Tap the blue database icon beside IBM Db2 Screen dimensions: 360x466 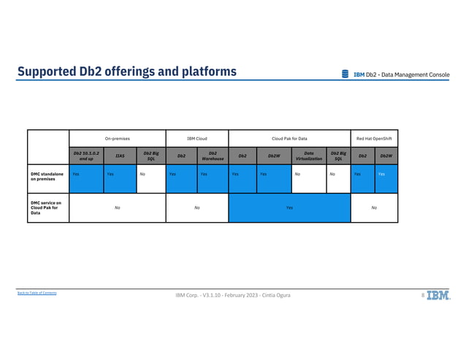tap(345, 74)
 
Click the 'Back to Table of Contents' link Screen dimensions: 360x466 tap(37, 293)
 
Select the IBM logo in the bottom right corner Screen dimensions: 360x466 tap(438, 295)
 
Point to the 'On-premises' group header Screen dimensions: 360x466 tap(117, 137)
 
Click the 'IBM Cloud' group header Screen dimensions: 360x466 tap(197, 137)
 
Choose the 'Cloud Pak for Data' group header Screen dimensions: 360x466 tap(289, 137)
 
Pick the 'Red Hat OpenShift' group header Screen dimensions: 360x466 tap(374, 137)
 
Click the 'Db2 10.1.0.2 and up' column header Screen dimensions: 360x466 tap(86, 156)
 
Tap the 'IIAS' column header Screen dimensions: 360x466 tap(120, 156)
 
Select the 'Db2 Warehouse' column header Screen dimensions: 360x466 tap(213, 156)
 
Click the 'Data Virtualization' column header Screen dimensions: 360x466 tap(309, 156)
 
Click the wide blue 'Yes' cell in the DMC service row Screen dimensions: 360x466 tap(289, 207)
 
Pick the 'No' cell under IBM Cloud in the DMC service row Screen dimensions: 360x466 tap(197, 207)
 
